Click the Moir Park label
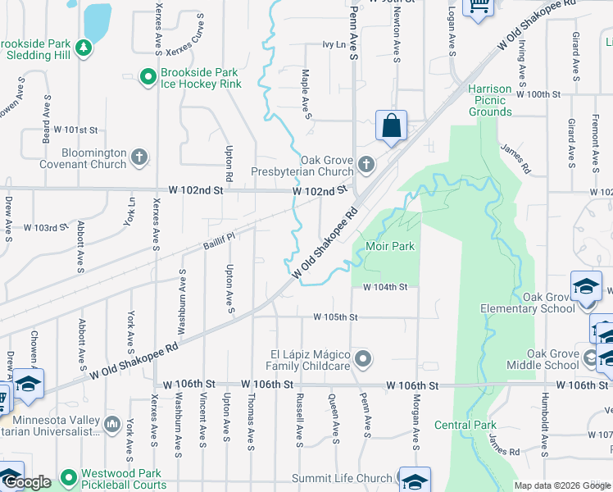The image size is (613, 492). tap(390, 246)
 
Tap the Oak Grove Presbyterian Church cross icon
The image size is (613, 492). tap(366, 166)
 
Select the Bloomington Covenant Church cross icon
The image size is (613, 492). tap(140, 157)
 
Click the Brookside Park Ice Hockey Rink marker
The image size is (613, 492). tap(148, 78)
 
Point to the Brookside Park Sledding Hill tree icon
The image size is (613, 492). tap(83, 49)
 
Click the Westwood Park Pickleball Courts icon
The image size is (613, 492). tap(66, 476)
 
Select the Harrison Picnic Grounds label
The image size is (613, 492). tap(490, 100)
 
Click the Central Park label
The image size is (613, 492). tap(465, 425)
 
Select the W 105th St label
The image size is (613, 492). tap(335, 317)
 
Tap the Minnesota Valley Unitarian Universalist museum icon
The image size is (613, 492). tap(112, 424)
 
